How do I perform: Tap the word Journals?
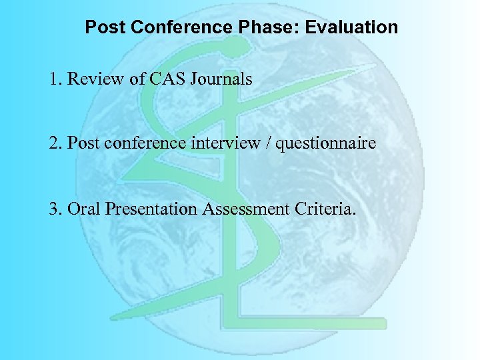point(221,79)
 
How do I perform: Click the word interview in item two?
point(227,144)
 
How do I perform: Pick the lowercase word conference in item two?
point(151,144)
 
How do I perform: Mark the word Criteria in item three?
point(325,209)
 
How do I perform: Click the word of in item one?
point(137,79)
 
